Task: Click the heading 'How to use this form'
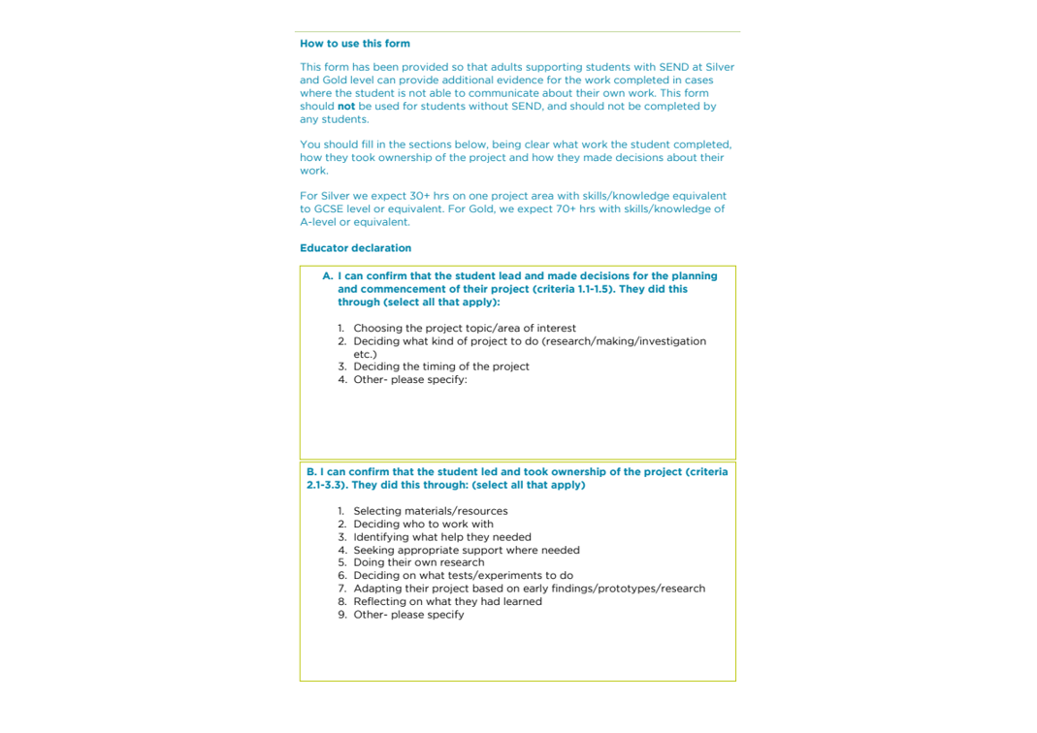pyautogui.click(x=354, y=44)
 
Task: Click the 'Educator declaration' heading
pyautogui.click(x=355, y=248)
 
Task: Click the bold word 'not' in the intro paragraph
pyautogui.click(x=346, y=107)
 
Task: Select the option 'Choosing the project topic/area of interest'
pyautogui.click(x=464, y=329)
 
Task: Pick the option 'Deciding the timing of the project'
pyautogui.click(x=440, y=366)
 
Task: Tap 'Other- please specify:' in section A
pyautogui.click(x=409, y=380)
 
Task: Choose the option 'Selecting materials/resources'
pyautogui.click(x=430, y=511)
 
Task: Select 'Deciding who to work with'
pyautogui.click(x=423, y=525)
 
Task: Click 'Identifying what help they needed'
pyautogui.click(x=441, y=537)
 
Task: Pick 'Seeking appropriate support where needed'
pyautogui.click(x=466, y=551)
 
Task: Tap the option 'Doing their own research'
pyautogui.click(x=418, y=562)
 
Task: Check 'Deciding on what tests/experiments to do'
pyautogui.click(x=463, y=576)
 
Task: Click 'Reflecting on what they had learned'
pyautogui.click(x=447, y=602)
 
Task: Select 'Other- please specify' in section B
pyautogui.click(x=408, y=615)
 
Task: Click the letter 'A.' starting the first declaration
pyautogui.click(x=328, y=276)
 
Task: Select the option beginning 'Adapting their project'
pyautogui.click(x=529, y=589)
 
